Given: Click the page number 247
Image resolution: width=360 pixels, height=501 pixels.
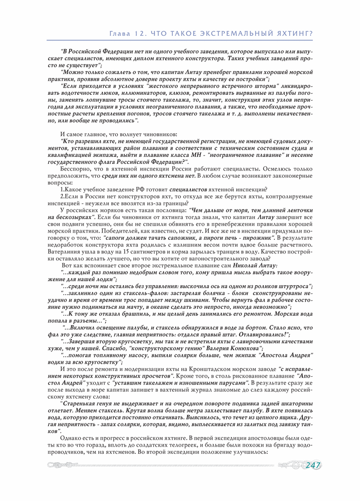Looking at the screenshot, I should pyautogui.click(x=312, y=465).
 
